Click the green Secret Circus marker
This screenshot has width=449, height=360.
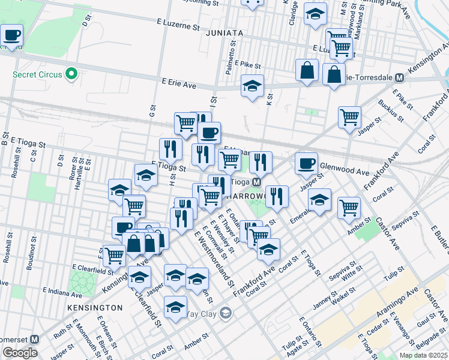71,74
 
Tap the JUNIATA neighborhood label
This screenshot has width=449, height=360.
224,34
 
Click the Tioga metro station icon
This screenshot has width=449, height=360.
256,182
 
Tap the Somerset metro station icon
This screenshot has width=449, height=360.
35,338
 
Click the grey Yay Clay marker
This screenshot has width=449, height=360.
225,313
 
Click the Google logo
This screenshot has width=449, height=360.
20,353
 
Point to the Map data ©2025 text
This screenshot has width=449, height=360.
423,355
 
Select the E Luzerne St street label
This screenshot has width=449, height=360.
179,27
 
